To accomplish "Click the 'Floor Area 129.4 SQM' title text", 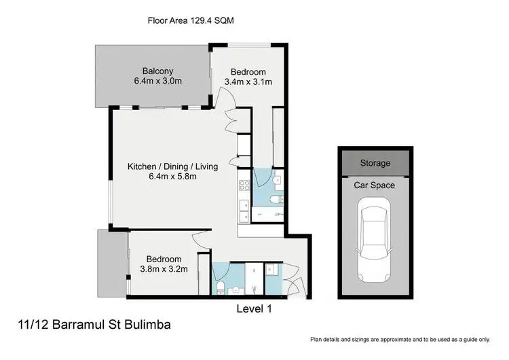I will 191,20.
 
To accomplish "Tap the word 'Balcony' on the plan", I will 157,71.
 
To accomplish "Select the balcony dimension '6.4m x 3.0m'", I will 157,82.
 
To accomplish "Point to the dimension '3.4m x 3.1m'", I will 248,82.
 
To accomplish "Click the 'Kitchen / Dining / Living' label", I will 174,166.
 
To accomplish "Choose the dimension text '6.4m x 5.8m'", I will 174,177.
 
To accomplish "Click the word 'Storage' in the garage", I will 375,163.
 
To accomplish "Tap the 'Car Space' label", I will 375,185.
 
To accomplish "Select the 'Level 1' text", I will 254,309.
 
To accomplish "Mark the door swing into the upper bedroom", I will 231,103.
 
